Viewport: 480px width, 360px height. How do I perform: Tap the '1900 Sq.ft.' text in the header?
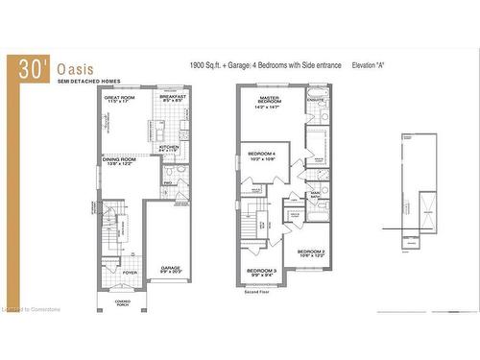[209, 65]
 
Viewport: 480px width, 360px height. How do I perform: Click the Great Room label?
[119, 98]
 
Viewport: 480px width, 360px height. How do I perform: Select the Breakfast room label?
[173, 98]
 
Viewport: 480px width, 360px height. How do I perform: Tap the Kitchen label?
[168, 147]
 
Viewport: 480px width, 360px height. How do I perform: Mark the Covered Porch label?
[122, 301]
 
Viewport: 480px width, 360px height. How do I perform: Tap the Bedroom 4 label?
[261, 156]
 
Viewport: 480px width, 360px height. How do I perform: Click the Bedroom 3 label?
[261, 272]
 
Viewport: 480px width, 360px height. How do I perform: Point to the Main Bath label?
[315, 196]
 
